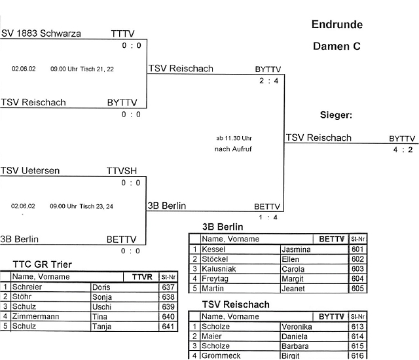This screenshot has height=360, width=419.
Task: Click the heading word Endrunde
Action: (x=337, y=25)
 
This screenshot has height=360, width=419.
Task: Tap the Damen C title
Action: (x=337, y=46)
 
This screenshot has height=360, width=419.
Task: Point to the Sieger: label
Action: (x=336, y=115)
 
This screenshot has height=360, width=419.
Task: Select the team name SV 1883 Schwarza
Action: (x=41, y=33)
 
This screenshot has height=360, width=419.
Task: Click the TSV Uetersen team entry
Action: (x=30, y=171)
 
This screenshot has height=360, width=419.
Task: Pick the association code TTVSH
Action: (x=122, y=171)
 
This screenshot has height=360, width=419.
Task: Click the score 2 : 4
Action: (x=268, y=81)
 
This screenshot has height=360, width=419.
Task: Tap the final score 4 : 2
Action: (x=403, y=149)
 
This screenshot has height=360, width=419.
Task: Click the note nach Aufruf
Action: (x=233, y=149)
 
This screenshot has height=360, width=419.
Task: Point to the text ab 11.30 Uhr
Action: (x=233, y=138)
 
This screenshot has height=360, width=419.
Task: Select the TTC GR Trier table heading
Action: (x=42, y=264)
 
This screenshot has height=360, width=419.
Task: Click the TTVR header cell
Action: (x=141, y=277)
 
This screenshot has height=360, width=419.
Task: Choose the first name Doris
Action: (x=101, y=287)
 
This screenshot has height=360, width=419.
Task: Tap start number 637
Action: (x=168, y=287)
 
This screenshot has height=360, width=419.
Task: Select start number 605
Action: (x=357, y=288)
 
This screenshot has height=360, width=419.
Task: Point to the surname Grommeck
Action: (x=222, y=355)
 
